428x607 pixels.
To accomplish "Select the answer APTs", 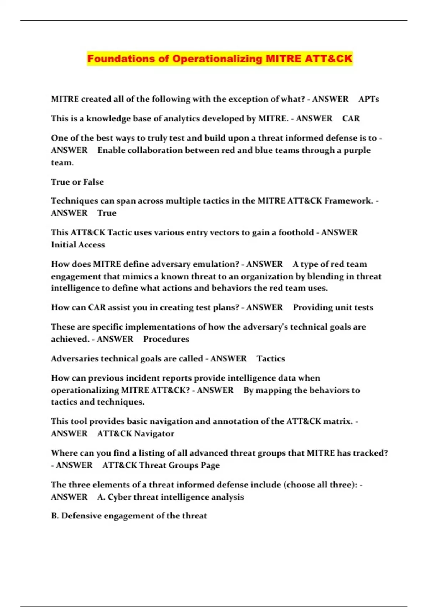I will click(x=368, y=99).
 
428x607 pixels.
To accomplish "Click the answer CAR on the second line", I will click(x=351, y=119).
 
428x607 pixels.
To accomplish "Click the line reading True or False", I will click(x=77, y=182).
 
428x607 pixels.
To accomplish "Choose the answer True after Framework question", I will click(x=107, y=213).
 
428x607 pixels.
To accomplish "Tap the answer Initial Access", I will click(x=78, y=245).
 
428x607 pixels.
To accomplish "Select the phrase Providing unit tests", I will click(x=333, y=307).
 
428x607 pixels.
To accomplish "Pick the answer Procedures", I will click(x=166, y=339).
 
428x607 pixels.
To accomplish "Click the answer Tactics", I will click(x=271, y=358).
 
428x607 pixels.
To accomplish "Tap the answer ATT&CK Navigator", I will click(x=136, y=433).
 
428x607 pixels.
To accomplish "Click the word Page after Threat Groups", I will click(x=210, y=465).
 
